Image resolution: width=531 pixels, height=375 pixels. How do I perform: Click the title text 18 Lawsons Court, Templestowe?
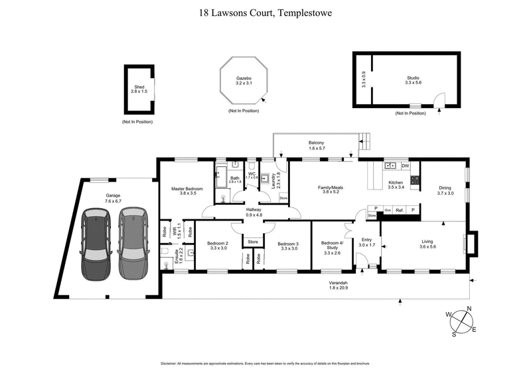click(265, 12)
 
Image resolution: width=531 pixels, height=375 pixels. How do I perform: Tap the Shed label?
click(139, 87)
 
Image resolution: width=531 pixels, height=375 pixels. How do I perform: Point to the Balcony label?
click(316, 142)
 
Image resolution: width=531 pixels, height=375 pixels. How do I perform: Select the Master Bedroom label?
click(187, 189)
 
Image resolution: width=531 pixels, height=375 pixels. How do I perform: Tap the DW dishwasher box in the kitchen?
click(405, 166)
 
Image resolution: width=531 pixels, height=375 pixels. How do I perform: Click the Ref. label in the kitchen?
click(400, 209)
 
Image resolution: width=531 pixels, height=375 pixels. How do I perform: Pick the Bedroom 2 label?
click(218, 243)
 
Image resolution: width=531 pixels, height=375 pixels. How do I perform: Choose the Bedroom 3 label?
click(289, 243)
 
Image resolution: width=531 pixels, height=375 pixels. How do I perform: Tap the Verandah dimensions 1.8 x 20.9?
click(339, 288)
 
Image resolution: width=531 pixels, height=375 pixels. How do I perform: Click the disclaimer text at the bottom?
click(265, 363)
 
